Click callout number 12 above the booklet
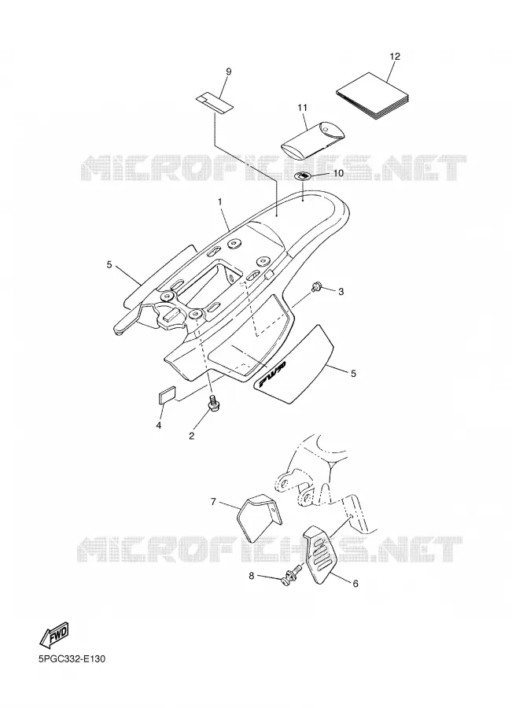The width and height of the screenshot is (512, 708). [394, 57]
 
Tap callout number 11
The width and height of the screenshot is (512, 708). [302, 108]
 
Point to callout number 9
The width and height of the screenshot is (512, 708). [228, 72]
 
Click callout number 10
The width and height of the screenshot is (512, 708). [338, 173]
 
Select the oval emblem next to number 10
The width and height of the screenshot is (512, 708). [303, 175]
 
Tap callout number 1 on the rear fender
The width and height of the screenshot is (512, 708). [220, 202]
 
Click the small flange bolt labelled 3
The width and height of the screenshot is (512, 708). [315, 286]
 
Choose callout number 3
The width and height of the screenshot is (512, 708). [341, 292]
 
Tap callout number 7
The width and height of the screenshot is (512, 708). [214, 501]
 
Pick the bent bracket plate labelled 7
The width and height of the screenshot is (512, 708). [260, 518]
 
